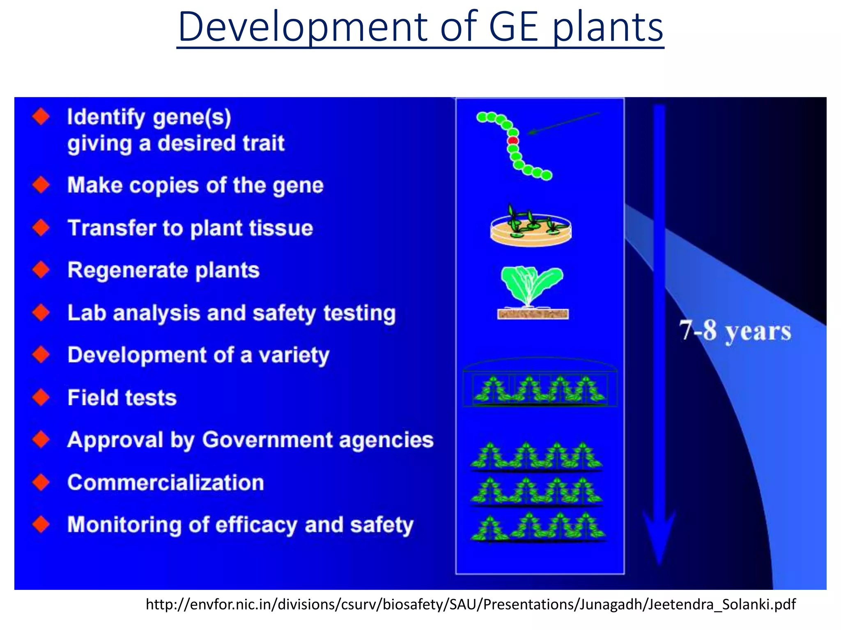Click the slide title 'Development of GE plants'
(420, 28)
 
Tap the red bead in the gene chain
(513, 141)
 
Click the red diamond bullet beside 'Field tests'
(41, 397)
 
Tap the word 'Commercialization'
(165, 482)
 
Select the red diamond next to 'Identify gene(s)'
(41, 117)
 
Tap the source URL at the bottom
(471, 605)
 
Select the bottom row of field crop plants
(538, 528)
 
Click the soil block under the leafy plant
(533, 315)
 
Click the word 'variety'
(294, 355)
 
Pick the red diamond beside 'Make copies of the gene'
(41, 185)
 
